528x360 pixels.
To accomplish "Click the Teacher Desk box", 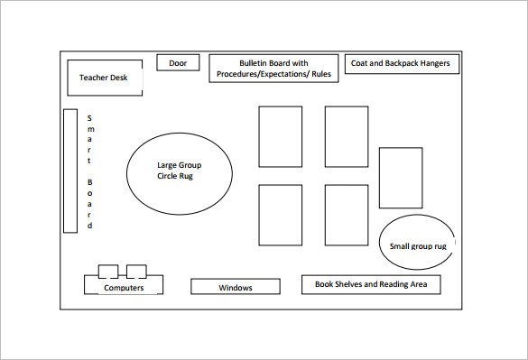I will pyautogui.click(x=104, y=78).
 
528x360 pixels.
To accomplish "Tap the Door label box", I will pyautogui.click(x=178, y=63).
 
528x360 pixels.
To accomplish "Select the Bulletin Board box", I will pyautogui.click(x=274, y=69).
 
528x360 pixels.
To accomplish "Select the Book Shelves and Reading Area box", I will pyautogui.click(x=371, y=284).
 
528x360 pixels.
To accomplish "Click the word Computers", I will pyautogui.click(x=124, y=288).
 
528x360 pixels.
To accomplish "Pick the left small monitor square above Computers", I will pyautogui.click(x=107, y=271).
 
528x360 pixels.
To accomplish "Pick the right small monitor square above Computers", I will pyautogui.click(x=137, y=271).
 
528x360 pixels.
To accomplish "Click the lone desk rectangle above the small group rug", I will pyautogui.click(x=401, y=178).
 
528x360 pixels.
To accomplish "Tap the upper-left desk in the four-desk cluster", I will pyautogui.click(x=281, y=135).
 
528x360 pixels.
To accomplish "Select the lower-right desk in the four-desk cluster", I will pyautogui.click(x=346, y=215).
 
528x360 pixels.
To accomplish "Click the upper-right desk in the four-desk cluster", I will pyautogui.click(x=346, y=135).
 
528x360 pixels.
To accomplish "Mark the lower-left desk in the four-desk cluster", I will pyautogui.click(x=281, y=215).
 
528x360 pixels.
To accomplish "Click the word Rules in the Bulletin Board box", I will pyautogui.click(x=320, y=75).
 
